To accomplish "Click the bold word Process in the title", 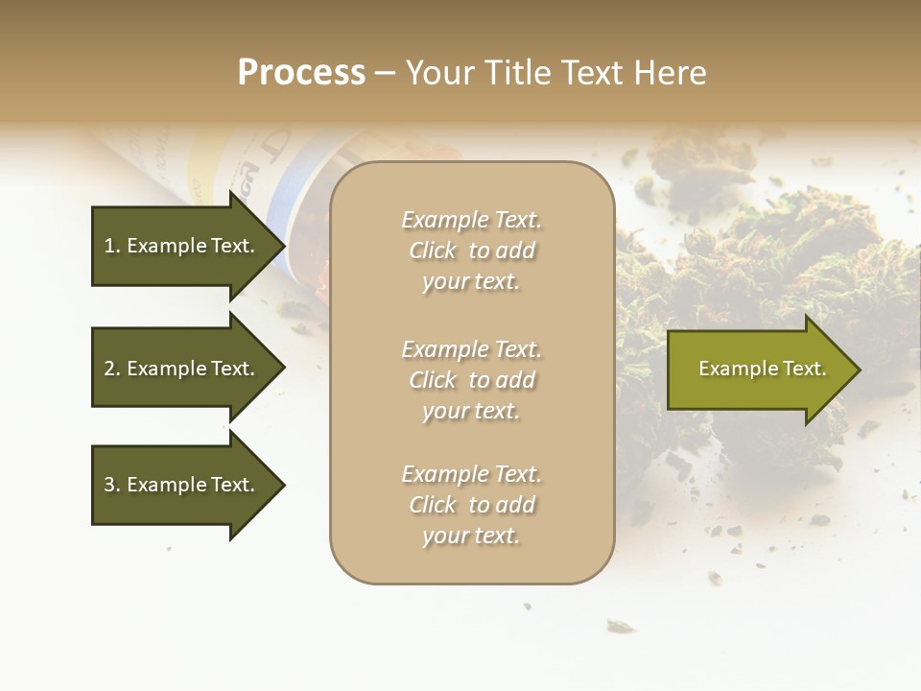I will tap(301, 73).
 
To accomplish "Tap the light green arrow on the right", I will tap(758, 369).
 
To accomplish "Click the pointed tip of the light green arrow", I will tap(857, 369).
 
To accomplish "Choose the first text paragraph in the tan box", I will tap(471, 250).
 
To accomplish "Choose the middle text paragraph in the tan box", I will tap(471, 380).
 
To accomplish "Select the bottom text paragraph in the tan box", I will tap(471, 505).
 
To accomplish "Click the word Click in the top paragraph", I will tap(433, 250).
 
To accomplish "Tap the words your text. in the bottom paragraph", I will tap(471, 536).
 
